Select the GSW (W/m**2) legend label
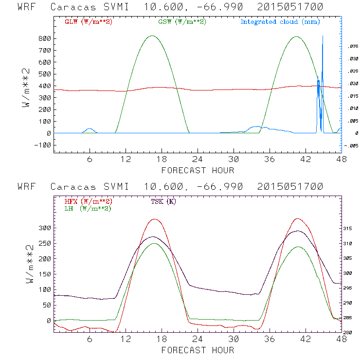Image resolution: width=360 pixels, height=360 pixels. pos(181,22)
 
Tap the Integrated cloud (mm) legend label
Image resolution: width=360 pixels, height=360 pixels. pos(280,22)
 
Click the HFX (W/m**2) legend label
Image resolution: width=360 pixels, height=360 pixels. pos(88,201)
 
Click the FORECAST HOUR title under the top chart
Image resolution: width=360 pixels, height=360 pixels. pos(198,170)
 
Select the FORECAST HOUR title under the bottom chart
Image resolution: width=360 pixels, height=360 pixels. pos(198,350)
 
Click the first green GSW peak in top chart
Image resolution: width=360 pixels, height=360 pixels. pos(152,36)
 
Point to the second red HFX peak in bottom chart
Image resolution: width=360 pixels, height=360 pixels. pos(298,219)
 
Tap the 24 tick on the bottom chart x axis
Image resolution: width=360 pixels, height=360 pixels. pos(198,339)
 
